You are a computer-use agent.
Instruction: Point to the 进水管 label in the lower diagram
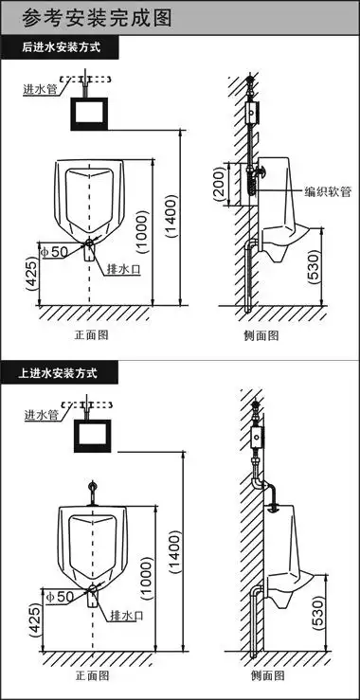[x=41, y=415]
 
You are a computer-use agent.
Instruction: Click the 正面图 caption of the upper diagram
[x=92, y=334]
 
